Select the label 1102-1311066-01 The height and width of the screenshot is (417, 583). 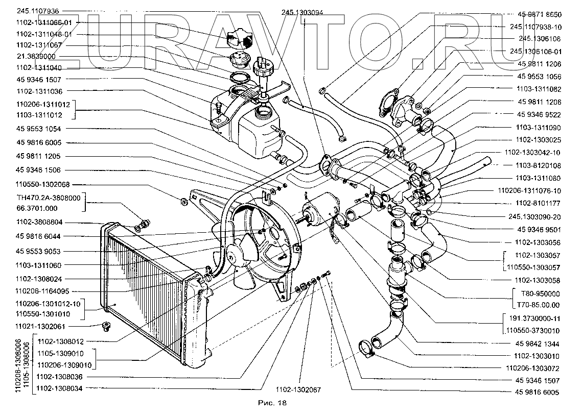pos(43,22)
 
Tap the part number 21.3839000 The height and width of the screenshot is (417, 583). pos(37,56)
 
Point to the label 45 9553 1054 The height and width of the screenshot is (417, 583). pos(38,130)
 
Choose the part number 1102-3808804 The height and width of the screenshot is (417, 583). pos(39,223)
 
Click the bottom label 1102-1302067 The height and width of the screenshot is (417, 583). pos(298,389)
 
